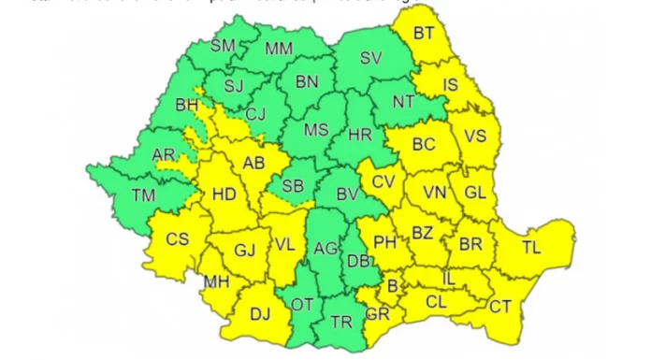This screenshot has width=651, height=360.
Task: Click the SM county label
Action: click(223, 45)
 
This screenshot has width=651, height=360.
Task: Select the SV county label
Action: click(371, 58)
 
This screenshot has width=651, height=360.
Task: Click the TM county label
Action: click(143, 195)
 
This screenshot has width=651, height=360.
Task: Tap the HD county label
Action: click(224, 195)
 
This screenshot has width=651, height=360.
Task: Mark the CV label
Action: click(383, 180)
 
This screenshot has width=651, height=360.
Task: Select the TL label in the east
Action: click(531, 248)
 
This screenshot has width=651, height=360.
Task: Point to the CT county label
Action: click(500, 305)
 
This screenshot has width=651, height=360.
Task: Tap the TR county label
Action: click(341, 324)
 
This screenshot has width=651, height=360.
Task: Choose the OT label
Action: click(301, 305)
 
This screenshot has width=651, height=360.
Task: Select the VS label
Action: click(475, 136)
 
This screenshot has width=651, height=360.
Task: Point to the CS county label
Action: click(178, 239)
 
